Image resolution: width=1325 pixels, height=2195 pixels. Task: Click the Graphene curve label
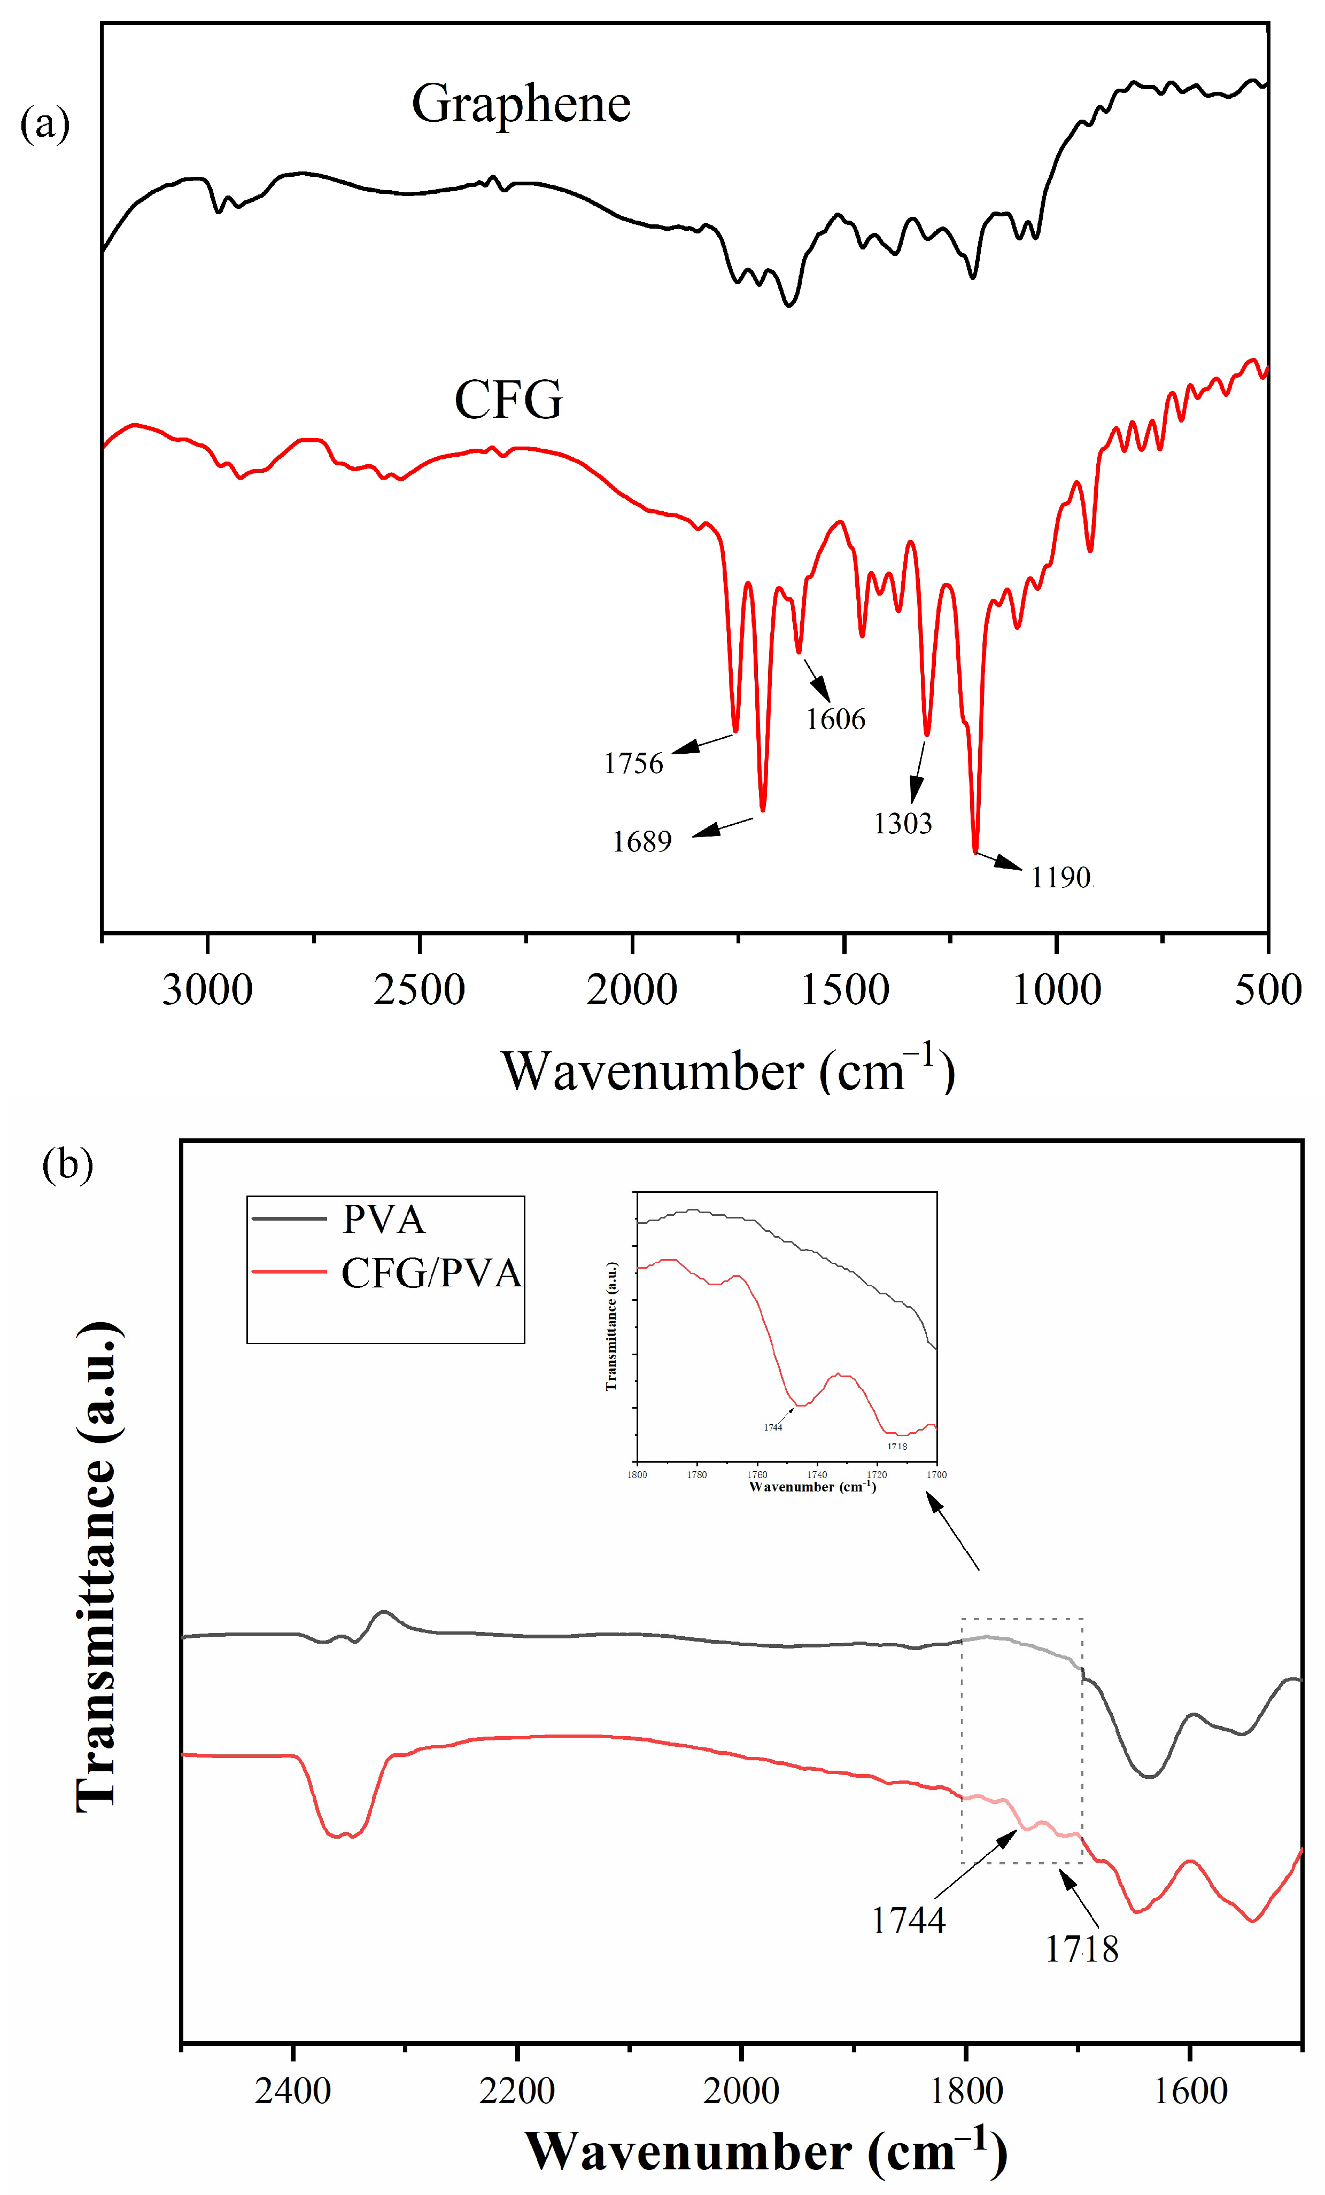point(521,104)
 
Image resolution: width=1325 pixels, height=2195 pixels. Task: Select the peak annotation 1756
point(633,763)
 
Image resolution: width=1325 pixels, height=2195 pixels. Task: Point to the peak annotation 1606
point(835,719)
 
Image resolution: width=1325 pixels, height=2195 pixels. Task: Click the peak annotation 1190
point(1060,878)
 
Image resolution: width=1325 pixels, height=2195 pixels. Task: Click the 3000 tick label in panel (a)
point(207,990)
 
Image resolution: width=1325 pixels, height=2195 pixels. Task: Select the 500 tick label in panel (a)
point(1267,990)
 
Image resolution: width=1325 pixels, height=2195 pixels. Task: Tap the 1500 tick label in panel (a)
point(844,990)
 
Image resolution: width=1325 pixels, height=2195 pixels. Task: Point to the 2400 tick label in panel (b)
point(292,2091)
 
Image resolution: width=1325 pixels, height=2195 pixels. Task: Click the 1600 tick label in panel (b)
point(1190,2091)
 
